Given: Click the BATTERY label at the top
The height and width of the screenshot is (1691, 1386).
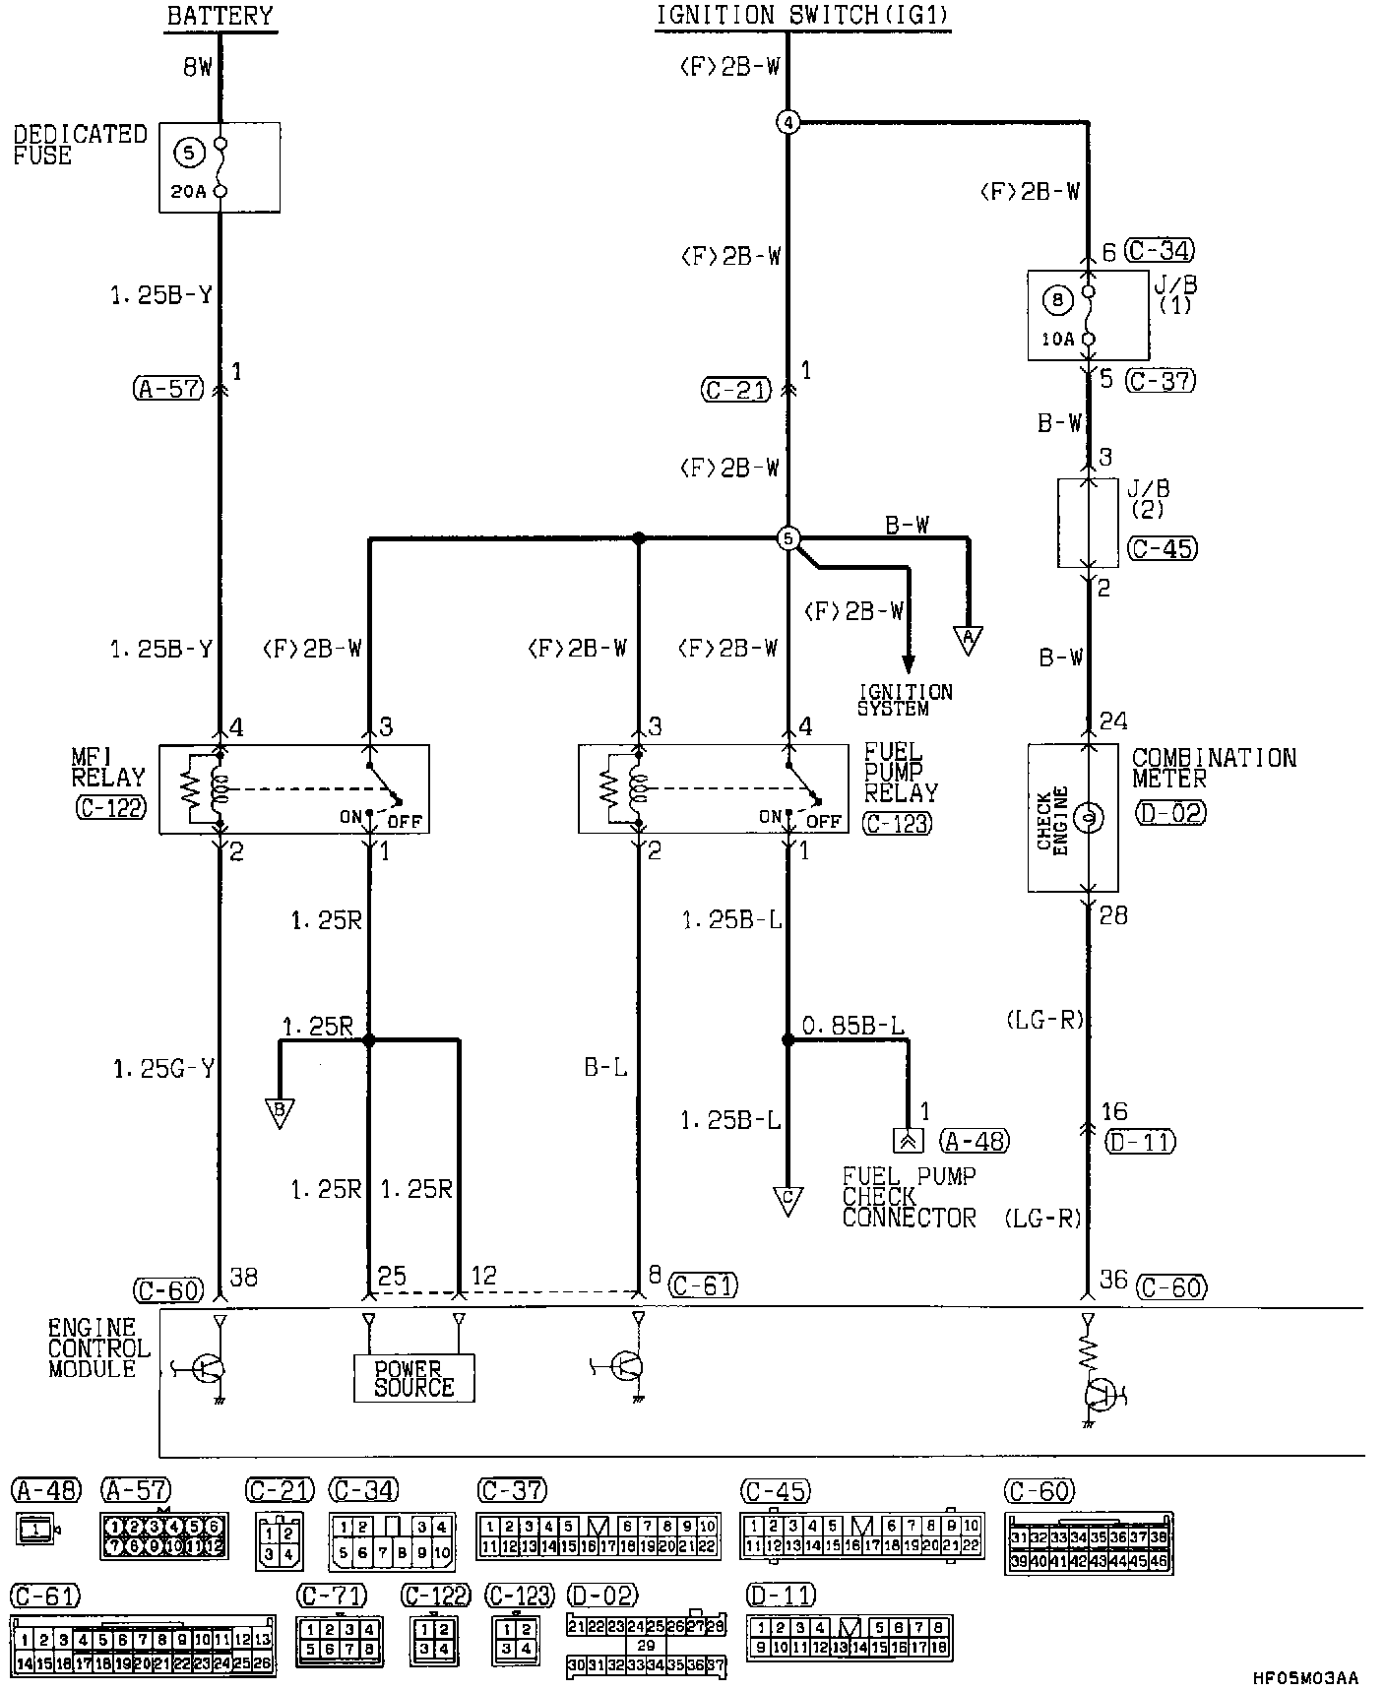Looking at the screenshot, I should (220, 16).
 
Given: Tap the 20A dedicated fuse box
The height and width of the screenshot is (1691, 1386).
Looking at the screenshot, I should (220, 166).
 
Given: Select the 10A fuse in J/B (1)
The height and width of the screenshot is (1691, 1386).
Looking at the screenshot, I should (1088, 315).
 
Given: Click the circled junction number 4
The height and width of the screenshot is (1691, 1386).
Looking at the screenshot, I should (787, 123).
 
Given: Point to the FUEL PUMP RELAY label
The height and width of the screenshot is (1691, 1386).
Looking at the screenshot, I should (901, 773).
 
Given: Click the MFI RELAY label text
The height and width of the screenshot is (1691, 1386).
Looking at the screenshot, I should (108, 768).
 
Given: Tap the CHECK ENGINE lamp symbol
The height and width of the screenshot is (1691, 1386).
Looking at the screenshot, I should (1087, 818).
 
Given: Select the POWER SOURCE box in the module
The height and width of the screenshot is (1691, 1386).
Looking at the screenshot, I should (413, 1378).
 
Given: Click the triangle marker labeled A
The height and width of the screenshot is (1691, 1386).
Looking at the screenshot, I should (969, 640).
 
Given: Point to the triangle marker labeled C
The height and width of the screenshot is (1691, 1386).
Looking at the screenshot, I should (787, 1201).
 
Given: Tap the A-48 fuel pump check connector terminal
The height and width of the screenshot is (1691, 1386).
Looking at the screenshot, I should (907, 1140).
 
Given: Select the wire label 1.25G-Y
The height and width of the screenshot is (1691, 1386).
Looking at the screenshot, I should (163, 1069).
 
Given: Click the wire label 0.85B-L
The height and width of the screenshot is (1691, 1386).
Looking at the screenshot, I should (852, 1027).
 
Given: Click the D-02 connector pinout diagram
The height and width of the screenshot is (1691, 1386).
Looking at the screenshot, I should (646, 1645).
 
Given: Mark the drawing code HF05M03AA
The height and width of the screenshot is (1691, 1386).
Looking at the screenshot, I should (1304, 1677).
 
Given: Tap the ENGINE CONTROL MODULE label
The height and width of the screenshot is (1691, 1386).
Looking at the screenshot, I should (98, 1348).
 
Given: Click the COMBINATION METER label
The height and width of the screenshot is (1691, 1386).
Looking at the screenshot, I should (1213, 768).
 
